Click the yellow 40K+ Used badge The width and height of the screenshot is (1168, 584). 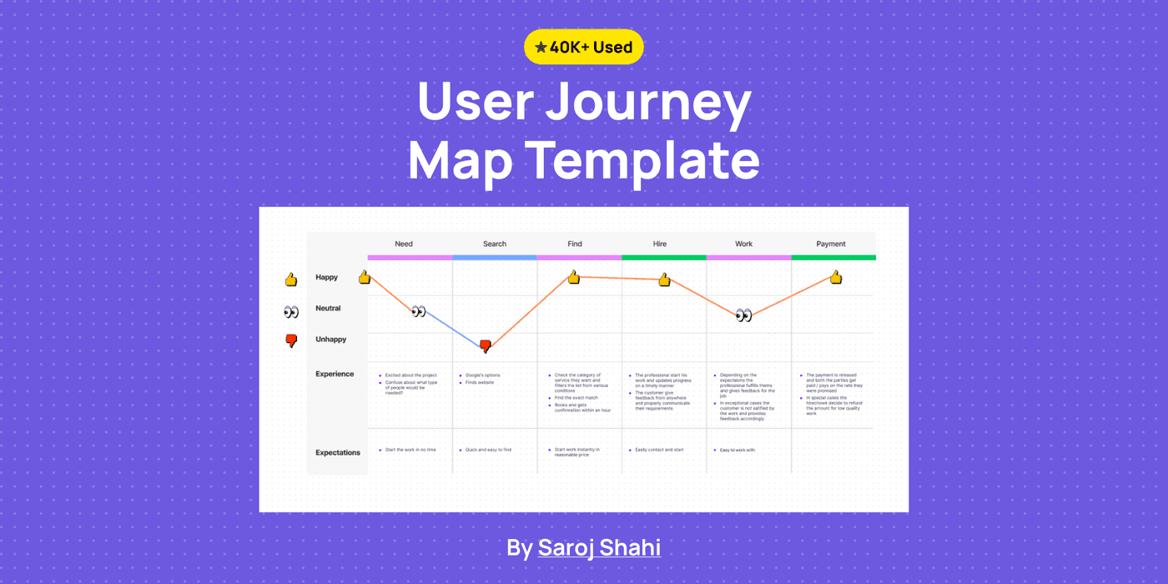(583, 48)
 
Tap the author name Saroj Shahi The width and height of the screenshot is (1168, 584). (599, 547)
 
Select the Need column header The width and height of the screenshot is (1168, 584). (404, 244)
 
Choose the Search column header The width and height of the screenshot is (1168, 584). (495, 244)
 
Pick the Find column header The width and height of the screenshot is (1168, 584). (575, 244)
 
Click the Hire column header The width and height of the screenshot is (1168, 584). (660, 244)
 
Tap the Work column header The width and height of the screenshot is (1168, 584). (743, 244)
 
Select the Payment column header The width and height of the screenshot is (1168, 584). (831, 244)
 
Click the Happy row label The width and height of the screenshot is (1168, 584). (327, 277)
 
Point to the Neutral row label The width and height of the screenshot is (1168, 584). (328, 309)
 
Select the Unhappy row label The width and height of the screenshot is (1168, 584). (330, 340)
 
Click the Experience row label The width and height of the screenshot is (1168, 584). (335, 375)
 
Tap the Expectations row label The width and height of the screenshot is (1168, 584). (338, 453)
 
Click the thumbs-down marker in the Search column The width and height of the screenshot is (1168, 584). (486, 346)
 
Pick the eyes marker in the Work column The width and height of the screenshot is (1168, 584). (743, 315)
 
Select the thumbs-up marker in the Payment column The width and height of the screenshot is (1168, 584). (835, 277)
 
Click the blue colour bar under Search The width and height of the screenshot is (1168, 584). (495, 258)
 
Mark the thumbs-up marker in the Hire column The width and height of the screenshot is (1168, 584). (664, 279)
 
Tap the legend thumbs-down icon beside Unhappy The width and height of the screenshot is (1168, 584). (291, 340)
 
